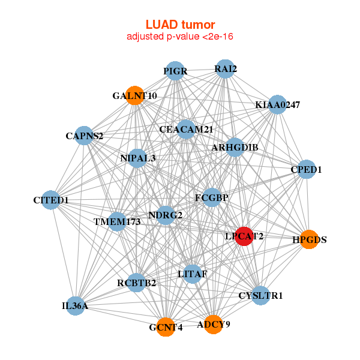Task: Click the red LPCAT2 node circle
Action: click(244, 236)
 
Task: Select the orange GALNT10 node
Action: click(135, 95)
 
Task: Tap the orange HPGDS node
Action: click(308, 239)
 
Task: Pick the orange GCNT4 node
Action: click(166, 327)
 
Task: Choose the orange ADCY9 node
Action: click(214, 324)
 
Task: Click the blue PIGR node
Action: click(175, 71)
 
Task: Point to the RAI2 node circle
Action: click(225, 69)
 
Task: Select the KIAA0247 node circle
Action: click(277, 105)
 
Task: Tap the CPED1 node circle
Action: click(307, 169)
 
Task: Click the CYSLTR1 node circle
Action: click(260, 295)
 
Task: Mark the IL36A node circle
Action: click(75, 306)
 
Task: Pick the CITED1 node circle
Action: click(51, 200)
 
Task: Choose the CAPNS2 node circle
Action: click(84, 136)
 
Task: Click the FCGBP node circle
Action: click(212, 197)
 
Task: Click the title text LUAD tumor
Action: click(180, 25)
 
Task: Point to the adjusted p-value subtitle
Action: click(180, 37)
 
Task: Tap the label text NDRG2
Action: click(165, 215)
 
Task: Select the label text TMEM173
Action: click(117, 222)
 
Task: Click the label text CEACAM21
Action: click(186, 129)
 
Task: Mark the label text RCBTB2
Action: click(137, 283)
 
